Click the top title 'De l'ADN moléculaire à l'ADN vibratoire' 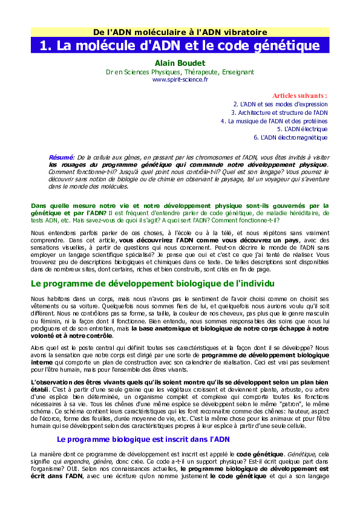tap(180, 31)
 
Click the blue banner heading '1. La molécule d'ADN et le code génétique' tap(180, 45)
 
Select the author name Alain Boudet tap(180, 63)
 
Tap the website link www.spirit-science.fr tap(180, 79)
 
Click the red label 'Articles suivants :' tap(299, 96)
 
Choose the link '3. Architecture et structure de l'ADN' tap(279, 112)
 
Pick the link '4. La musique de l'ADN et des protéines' tap(274, 121)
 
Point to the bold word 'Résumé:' tap(61, 157)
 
